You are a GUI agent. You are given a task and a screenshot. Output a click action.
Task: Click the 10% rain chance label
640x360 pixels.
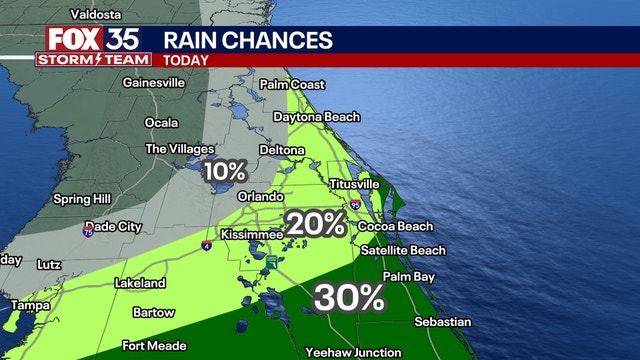(x=224, y=171)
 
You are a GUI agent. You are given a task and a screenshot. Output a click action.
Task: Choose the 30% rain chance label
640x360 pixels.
(x=350, y=296)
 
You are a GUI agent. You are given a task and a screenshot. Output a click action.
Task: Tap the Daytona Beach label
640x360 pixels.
(x=324, y=117)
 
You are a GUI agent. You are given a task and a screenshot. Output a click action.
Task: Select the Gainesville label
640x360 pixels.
(x=153, y=83)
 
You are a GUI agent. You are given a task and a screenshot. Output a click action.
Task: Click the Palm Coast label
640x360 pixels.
(x=292, y=85)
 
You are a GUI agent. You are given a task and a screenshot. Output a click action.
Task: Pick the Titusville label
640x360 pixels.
(x=355, y=184)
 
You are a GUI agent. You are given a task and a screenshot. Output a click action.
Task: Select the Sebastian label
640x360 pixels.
(x=442, y=321)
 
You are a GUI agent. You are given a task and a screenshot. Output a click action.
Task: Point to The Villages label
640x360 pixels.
(x=181, y=149)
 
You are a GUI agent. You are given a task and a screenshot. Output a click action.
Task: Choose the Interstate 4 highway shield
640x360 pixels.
(x=207, y=243)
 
